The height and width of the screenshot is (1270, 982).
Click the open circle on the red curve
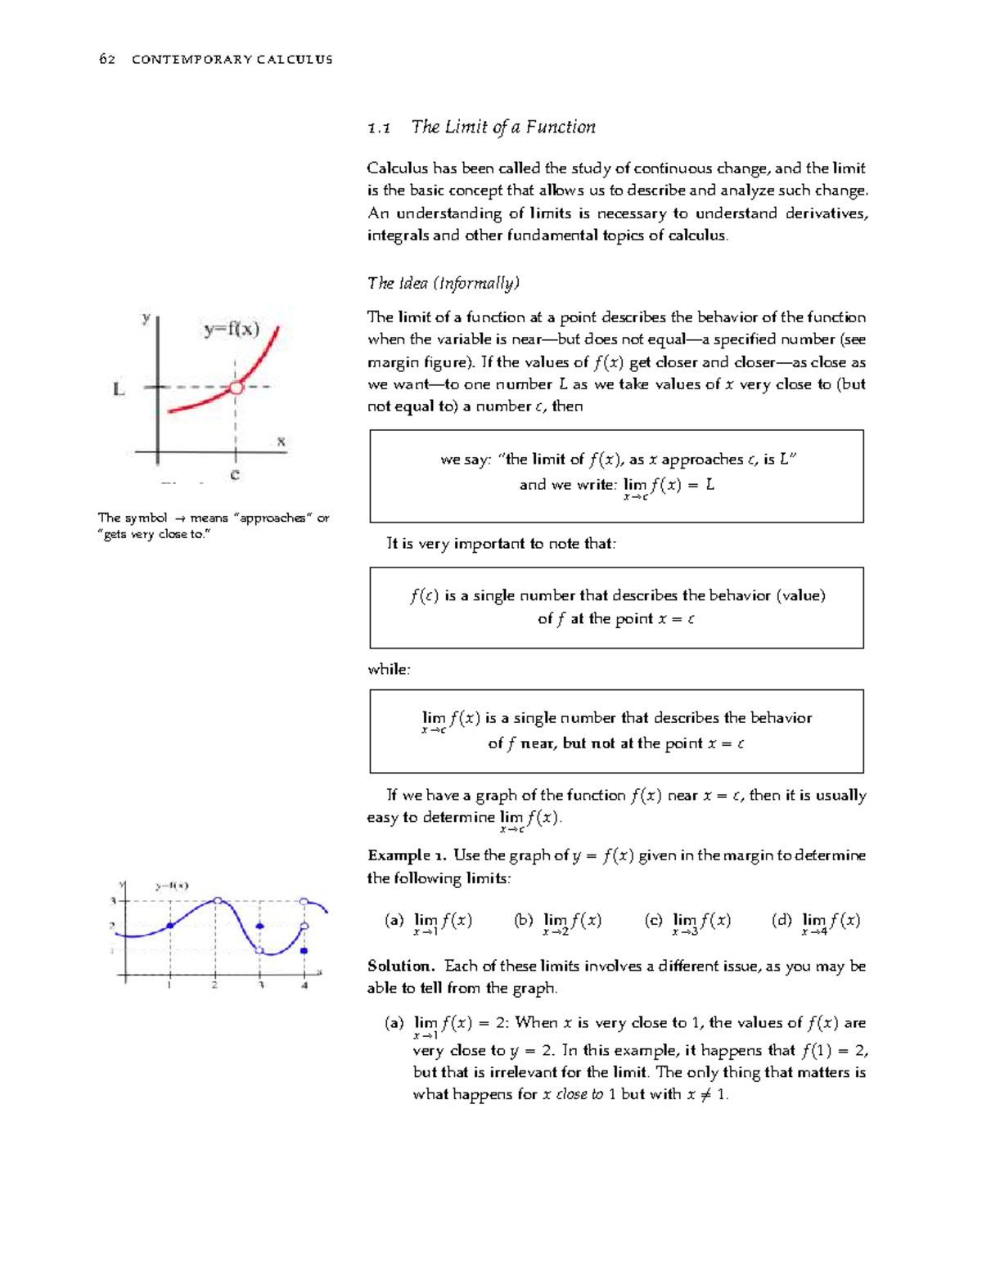tap(236, 388)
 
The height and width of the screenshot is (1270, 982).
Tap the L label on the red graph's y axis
tap(119, 390)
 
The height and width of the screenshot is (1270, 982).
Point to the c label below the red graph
tap(235, 474)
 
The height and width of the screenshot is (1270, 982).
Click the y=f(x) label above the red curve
tap(232, 330)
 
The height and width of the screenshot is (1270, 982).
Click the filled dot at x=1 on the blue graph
tap(170, 925)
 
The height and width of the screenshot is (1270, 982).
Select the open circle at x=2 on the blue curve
tap(217, 900)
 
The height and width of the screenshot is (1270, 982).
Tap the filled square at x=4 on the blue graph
tap(304, 951)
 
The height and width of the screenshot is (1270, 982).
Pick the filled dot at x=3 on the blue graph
tap(260, 927)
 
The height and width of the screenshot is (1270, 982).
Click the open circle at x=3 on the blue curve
tap(260, 950)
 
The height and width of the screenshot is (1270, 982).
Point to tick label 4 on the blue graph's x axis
tap(304, 985)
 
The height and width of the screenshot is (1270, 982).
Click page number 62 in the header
tap(106, 59)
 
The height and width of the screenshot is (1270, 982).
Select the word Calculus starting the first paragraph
tap(397, 168)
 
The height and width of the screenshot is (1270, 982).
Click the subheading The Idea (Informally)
tap(444, 284)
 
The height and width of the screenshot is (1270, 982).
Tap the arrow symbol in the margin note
tap(179, 518)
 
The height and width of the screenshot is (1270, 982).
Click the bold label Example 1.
tap(406, 855)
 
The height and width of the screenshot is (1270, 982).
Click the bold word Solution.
tap(400, 966)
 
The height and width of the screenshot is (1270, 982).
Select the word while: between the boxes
tap(389, 670)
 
